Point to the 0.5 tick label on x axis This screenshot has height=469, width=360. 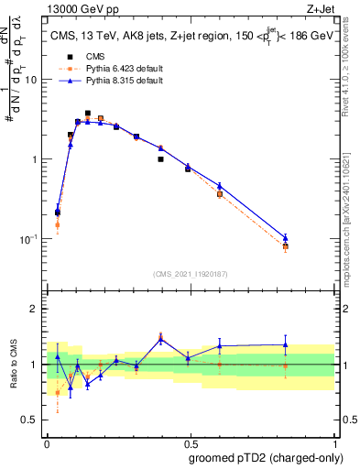point(190,442)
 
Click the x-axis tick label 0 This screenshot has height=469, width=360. point(47,442)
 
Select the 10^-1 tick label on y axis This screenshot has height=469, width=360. point(30,239)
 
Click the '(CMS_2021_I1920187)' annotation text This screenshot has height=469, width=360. point(190,273)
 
